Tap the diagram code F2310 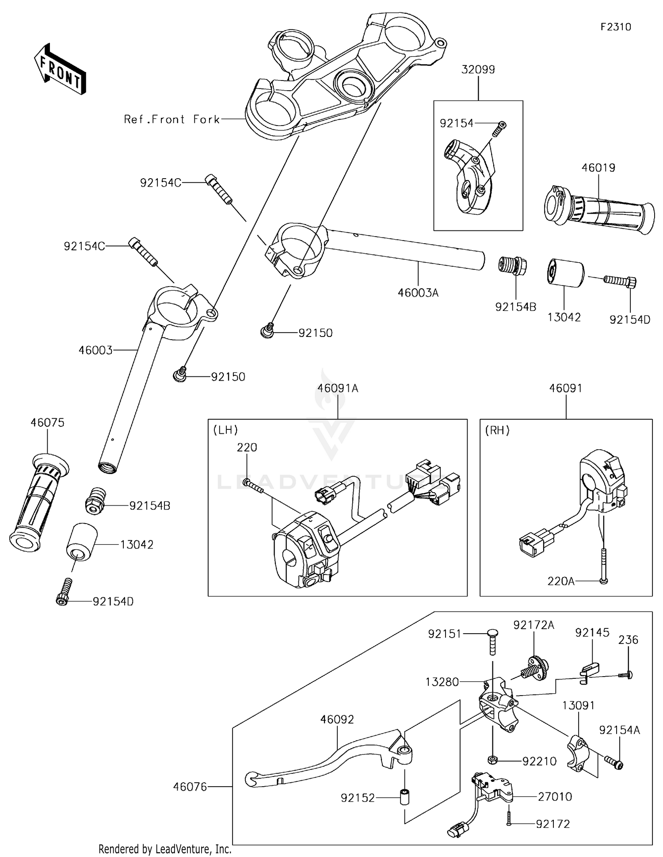[616, 27]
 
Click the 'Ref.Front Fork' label [172, 119]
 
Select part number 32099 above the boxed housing [478, 69]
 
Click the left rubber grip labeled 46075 [39, 501]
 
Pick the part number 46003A [418, 293]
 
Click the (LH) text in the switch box [225, 430]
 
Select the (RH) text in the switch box [497, 430]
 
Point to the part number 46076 [190, 787]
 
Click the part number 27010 [555, 796]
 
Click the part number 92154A [619, 730]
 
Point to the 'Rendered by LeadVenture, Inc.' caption [165, 849]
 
